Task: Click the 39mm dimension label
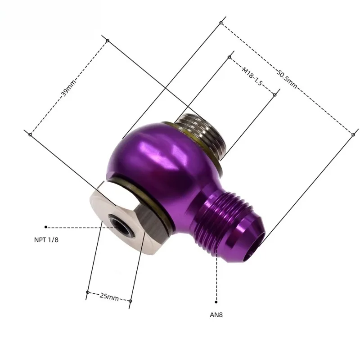click(68, 88)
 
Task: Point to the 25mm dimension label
click(109, 297)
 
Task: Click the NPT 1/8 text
click(46, 240)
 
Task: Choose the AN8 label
click(216, 315)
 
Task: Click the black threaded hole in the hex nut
click(119, 226)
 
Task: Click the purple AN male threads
click(220, 220)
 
